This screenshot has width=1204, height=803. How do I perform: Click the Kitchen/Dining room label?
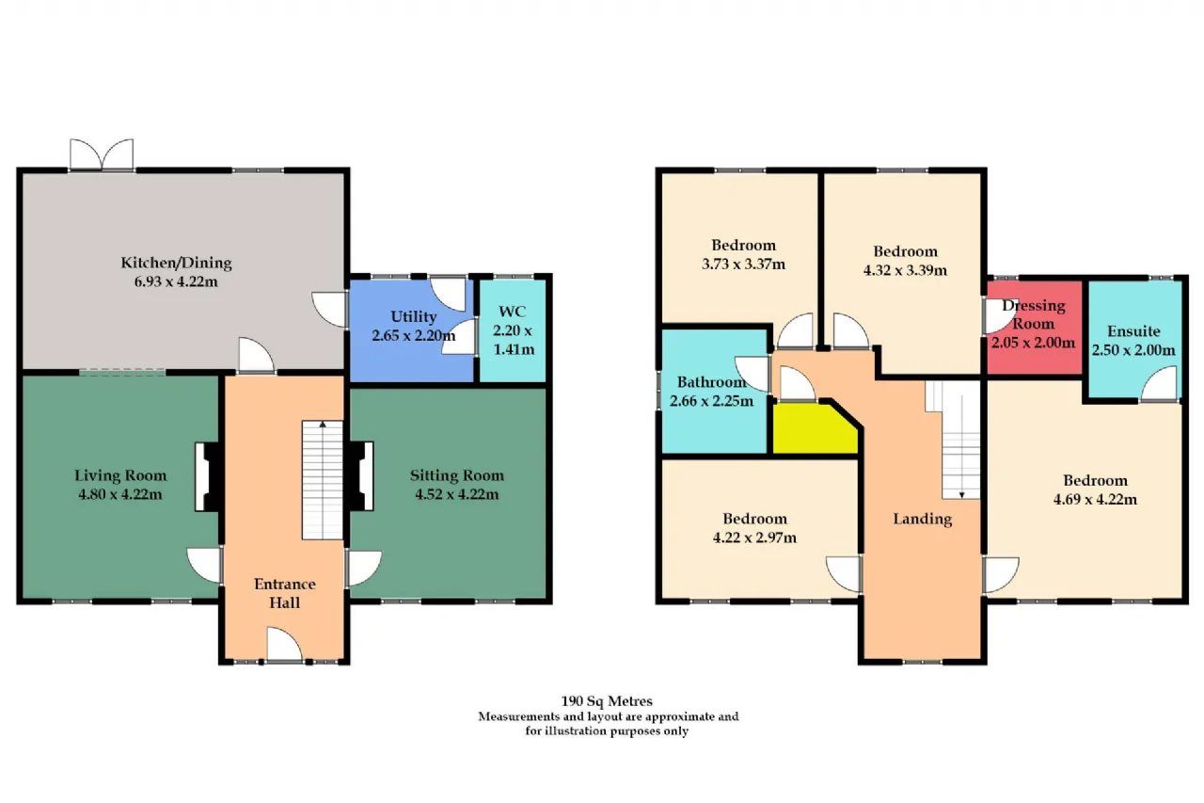(176, 263)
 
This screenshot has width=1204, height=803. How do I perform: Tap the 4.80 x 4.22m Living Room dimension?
(120, 494)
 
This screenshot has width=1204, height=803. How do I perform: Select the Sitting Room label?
(457, 475)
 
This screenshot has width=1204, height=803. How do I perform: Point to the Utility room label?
(413, 317)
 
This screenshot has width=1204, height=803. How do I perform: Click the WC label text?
(513, 312)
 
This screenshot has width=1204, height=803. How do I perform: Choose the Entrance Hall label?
(284, 593)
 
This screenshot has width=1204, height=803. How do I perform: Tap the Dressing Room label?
(1033, 314)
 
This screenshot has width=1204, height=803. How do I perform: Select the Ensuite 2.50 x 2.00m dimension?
(1133, 350)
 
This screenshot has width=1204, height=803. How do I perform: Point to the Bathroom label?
(711, 382)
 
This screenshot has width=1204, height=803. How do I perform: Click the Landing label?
(923, 519)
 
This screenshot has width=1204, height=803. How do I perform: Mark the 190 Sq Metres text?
(607, 701)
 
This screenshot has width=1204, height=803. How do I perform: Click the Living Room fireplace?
(207, 476)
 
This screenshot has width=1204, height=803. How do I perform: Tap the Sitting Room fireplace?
(362, 476)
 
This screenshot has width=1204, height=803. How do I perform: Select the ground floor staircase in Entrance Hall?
(323, 480)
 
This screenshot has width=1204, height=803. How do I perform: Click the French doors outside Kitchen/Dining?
(102, 155)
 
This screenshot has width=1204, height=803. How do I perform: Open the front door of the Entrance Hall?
(284, 644)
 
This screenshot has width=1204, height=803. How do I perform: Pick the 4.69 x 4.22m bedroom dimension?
(1095, 500)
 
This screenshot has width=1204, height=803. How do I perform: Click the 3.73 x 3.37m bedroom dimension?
(743, 265)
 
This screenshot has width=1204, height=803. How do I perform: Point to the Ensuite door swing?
(1159, 383)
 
